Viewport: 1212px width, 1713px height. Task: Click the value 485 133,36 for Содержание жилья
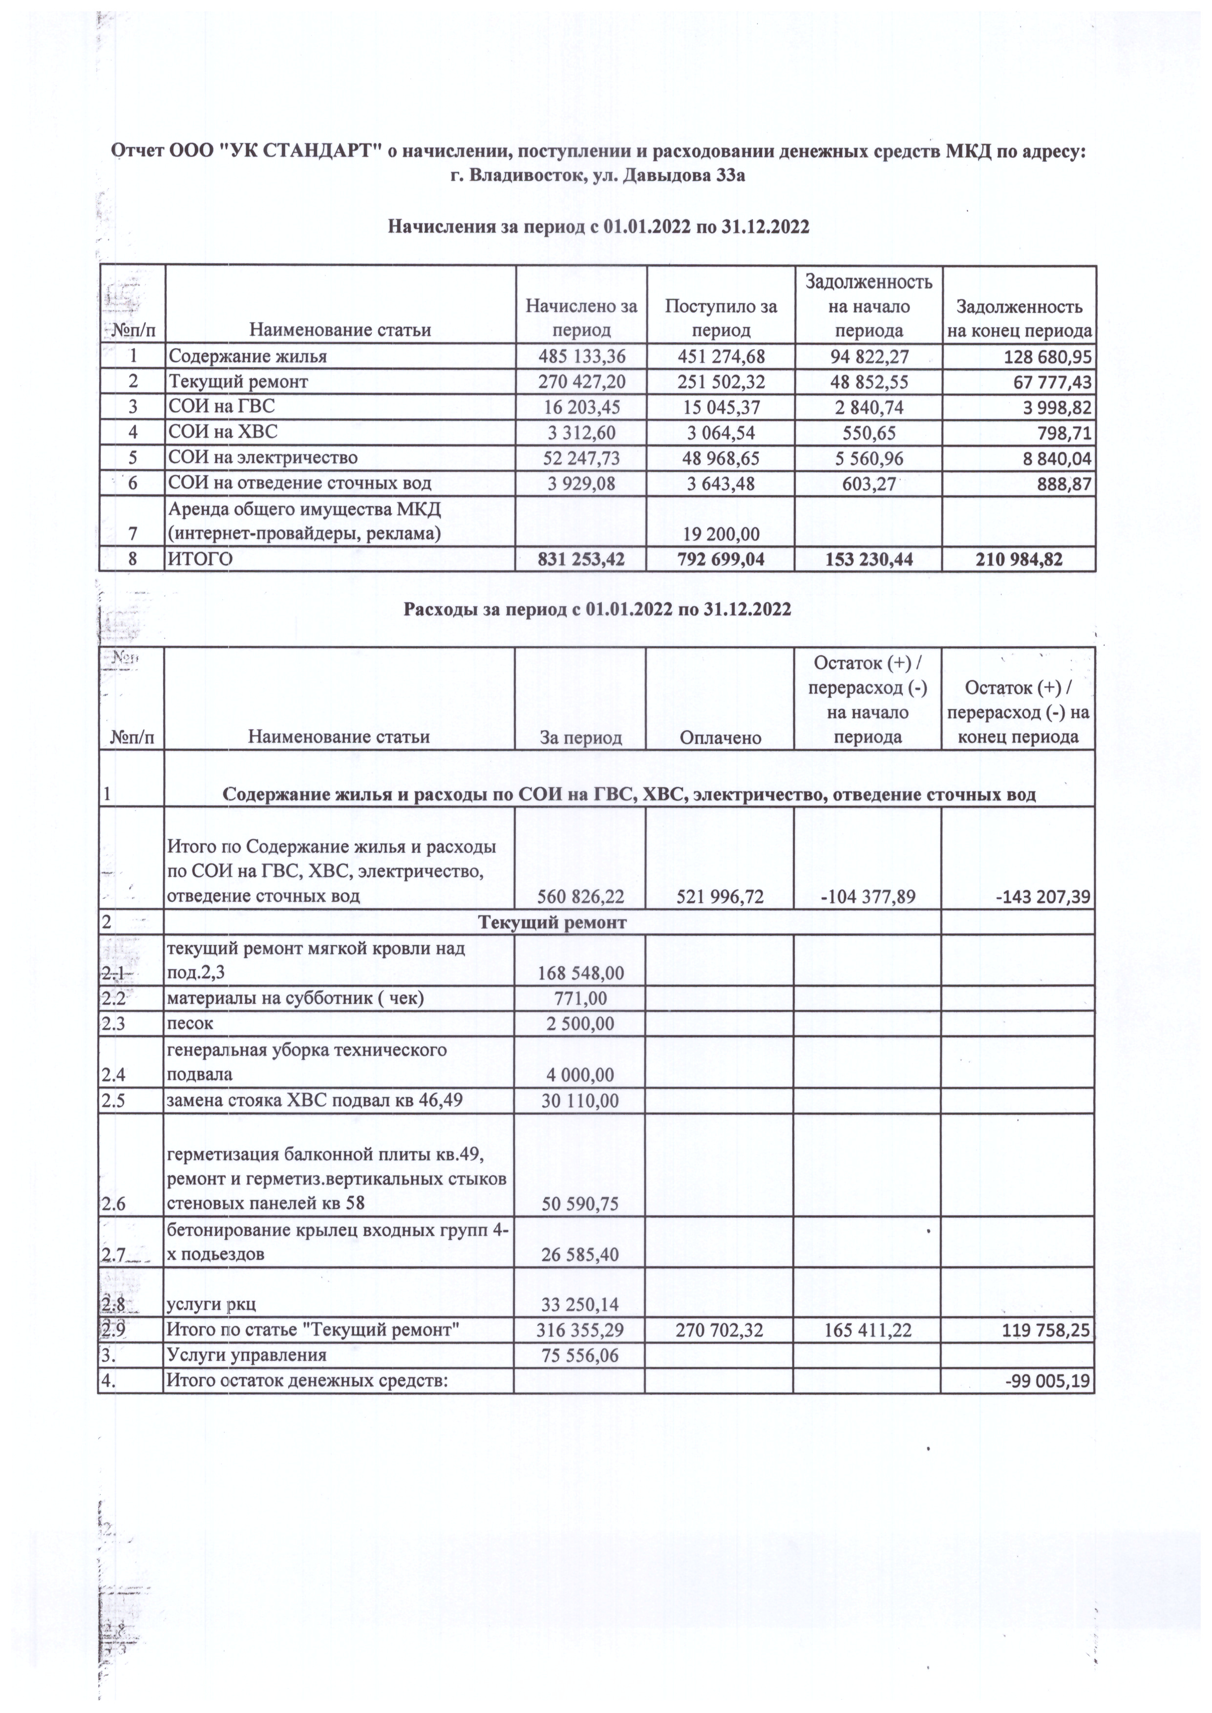pos(581,357)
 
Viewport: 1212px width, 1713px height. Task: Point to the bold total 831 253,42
pos(581,558)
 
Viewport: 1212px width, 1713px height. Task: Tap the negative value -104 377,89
pos(868,896)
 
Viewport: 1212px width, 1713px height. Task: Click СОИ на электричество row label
pos(263,457)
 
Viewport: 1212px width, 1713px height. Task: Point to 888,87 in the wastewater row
pos(1061,484)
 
